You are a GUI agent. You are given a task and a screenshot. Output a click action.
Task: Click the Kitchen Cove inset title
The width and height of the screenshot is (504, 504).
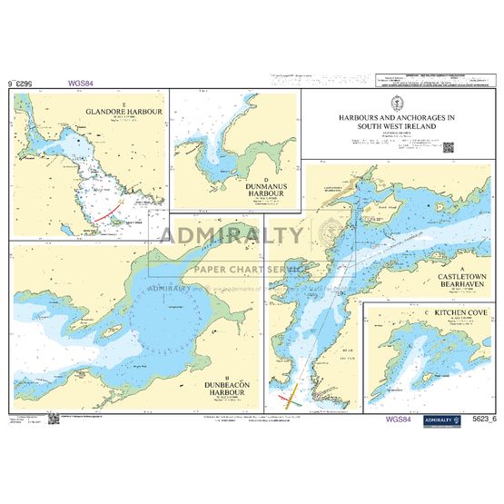click(x=436, y=314)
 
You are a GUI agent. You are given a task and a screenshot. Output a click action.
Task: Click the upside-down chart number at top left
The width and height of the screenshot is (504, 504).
click(x=25, y=83)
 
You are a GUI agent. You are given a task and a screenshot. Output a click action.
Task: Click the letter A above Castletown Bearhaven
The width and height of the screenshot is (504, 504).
click(x=461, y=270)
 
